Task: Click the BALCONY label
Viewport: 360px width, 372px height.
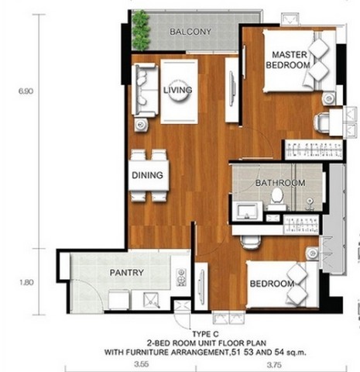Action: coord(190,32)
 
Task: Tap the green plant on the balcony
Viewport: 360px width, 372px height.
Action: coord(141,30)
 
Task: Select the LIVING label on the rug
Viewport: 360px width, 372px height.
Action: coord(177,90)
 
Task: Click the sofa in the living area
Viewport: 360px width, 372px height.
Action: coord(145,90)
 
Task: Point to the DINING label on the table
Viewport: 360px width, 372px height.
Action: coord(147,175)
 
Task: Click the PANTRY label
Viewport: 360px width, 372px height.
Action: coord(126,273)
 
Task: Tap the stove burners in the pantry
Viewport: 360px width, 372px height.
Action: coord(181,277)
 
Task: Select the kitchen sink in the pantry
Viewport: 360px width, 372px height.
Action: coord(152,300)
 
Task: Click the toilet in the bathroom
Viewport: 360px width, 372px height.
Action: coord(276,199)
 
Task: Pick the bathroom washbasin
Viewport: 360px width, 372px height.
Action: coord(247,212)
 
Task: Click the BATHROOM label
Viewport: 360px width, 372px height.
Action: coord(280,183)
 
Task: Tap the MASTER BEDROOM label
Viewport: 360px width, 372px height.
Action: coord(289,60)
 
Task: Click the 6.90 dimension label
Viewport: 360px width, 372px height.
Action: coord(26,91)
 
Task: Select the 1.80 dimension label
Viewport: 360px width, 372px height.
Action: coord(26,282)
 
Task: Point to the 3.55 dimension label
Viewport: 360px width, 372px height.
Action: coord(142,364)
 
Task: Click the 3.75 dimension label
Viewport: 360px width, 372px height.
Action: coord(274,365)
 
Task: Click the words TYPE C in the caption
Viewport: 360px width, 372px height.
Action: coord(205,334)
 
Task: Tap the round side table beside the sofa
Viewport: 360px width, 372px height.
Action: coord(141,125)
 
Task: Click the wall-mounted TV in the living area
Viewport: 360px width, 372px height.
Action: coord(232,88)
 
